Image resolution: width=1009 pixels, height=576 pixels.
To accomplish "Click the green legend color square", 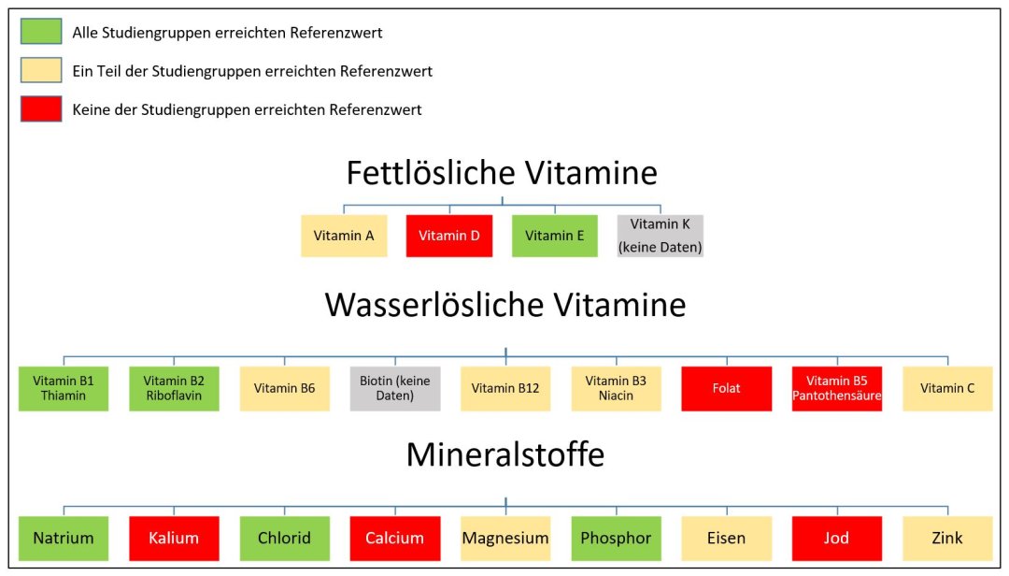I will (x=41, y=33).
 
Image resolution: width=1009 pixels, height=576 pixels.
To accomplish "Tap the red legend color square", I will (x=41, y=109).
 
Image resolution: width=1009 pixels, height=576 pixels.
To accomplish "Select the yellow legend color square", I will (x=41, y=71).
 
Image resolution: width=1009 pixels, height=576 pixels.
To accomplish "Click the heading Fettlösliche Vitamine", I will (x=502, y=173).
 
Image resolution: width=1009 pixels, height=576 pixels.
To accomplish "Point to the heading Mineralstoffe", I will (x=504, y=454).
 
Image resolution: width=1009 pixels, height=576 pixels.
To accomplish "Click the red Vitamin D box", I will (x=449, y=236).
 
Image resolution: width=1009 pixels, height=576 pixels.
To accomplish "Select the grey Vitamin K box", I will (x=661, y=236).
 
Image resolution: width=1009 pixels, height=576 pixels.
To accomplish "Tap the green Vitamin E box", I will (x=555, y=236).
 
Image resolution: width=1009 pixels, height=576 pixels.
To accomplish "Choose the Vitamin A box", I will (x=344, y=236).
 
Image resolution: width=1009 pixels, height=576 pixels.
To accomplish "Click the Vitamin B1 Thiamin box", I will (x=64, y=388).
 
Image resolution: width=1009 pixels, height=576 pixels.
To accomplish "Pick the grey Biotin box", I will (x=395, y=388).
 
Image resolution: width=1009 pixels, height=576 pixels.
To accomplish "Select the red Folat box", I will (x=727, y=388).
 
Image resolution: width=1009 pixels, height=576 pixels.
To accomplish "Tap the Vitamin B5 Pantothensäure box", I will (x=837, y=388).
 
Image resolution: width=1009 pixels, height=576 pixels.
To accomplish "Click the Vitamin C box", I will (x=947, y=388).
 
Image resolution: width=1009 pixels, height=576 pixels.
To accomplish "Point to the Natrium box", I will (x=64, y=538).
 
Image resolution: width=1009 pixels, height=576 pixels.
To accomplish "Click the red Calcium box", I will (x=395, y=538).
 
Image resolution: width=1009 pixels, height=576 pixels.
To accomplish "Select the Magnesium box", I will (x=505, y=538).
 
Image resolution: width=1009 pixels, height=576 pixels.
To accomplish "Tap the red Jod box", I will (x=837, y=538).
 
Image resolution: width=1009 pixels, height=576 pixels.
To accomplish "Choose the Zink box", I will (x=947, y=538).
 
